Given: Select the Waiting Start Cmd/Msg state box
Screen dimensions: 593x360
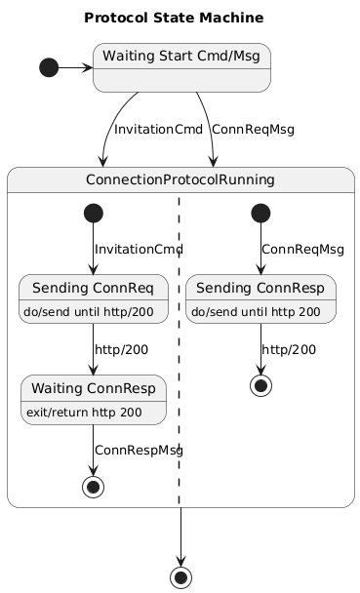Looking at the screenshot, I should (x=180, y=67).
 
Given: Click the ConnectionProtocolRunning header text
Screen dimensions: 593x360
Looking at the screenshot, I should (x=180, y=180).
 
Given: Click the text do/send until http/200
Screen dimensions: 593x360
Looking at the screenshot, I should (x=93, y=311).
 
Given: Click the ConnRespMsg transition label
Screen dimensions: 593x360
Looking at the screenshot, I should (x=139, y=450).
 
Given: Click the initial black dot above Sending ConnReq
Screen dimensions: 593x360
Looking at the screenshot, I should (x=93, y=213).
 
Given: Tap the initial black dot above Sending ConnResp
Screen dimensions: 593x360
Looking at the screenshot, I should (x=260, y=213).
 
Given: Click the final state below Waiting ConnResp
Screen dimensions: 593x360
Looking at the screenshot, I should (x=93, y=487).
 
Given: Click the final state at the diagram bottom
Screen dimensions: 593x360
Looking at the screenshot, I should (x=180, y=576).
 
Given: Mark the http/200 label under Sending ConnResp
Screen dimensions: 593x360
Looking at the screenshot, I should (x=289, y=349).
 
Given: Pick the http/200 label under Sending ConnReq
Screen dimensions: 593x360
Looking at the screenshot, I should (x=122, y=349).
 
